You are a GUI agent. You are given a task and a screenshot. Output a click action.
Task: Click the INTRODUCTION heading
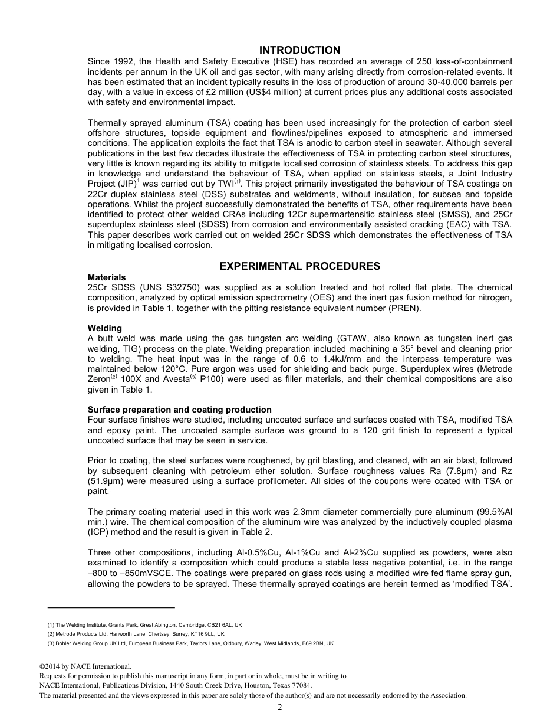[299, 50]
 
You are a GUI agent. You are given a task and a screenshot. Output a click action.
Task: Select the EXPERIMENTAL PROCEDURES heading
[299, 266]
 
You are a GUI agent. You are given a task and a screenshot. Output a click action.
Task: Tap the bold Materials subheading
[107, 277]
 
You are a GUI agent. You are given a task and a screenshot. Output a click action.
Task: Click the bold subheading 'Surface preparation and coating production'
[180, 410]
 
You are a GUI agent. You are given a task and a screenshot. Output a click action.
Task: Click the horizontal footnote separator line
[111, 607]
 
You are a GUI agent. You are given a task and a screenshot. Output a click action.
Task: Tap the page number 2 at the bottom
[280, 708]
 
